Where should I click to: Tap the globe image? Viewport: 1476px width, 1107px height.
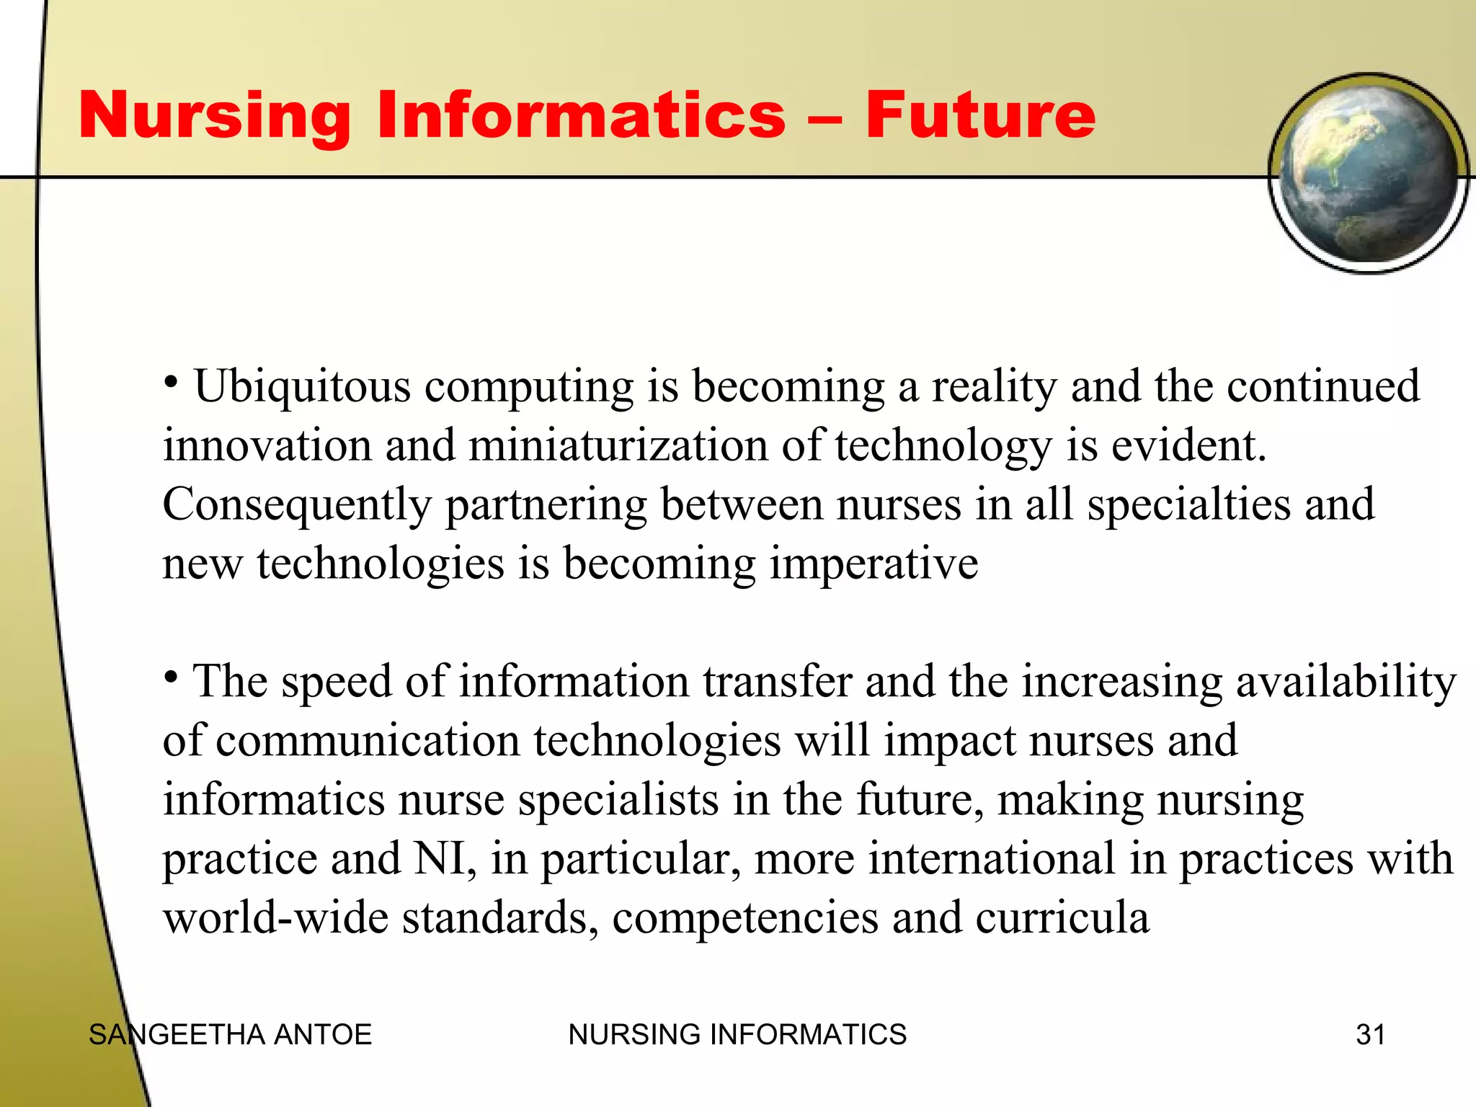[1367, 173]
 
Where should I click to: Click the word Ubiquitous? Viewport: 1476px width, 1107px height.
[303, 387]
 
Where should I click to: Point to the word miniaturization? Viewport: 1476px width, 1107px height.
[618, 445]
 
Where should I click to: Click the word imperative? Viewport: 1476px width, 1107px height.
[873, 564]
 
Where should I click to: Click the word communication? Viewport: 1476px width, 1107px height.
[368, 741]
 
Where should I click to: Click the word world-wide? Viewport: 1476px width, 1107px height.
[275, 917]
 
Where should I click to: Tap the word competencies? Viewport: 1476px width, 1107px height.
[745, 919]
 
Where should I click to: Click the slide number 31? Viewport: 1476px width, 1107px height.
[1370, 1035]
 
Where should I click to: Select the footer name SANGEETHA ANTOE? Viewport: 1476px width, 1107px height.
[230, 1035]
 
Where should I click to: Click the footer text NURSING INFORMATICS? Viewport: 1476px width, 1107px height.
[737, 1035]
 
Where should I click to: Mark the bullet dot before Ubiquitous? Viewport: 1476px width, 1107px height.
[171, 381]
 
